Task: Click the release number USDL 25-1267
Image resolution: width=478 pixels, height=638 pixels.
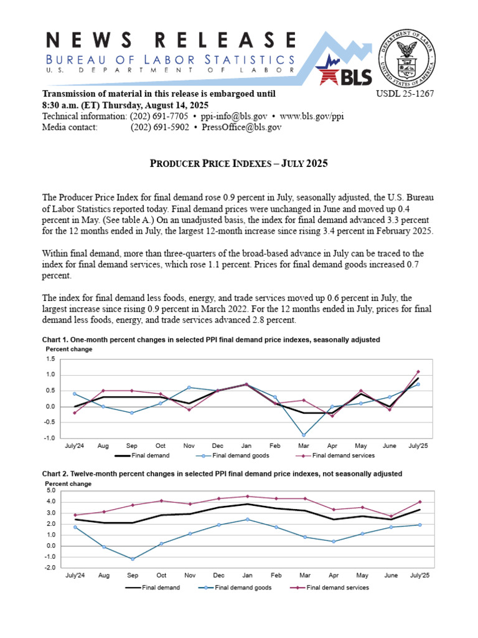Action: (405, 94)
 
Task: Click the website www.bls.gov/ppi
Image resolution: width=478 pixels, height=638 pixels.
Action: (311, 117)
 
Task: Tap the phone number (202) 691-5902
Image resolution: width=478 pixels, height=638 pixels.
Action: (159, 127)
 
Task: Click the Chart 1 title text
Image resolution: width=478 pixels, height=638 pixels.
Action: (210, 340)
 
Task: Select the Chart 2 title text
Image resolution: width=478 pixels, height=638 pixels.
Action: (222, 474)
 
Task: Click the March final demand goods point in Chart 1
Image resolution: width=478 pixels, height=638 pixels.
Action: (304, 435)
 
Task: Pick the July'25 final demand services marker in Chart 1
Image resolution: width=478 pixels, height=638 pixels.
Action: (418, 372)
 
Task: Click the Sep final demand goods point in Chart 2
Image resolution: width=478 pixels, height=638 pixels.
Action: (132, 559)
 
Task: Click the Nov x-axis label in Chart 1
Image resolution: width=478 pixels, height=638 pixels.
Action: (189, 447)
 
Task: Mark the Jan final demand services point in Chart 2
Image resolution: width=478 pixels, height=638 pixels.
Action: (246, 497)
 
